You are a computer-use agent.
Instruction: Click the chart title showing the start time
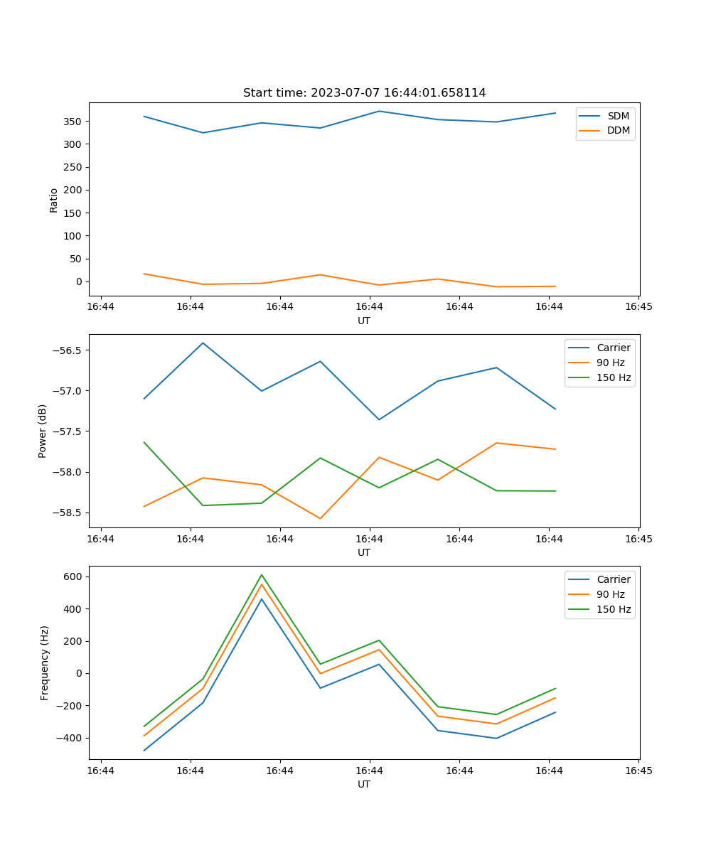364,93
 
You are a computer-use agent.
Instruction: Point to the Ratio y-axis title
54,200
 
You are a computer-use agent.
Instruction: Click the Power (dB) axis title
43,431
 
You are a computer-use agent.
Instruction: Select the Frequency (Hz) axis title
45,662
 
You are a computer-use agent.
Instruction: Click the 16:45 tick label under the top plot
638,306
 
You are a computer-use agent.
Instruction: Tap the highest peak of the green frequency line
262,575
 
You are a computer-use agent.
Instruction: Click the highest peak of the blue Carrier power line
203,343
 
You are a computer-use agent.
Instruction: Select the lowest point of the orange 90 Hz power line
320,518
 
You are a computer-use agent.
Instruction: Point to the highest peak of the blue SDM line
379,111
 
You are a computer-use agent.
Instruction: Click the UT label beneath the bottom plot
364,784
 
